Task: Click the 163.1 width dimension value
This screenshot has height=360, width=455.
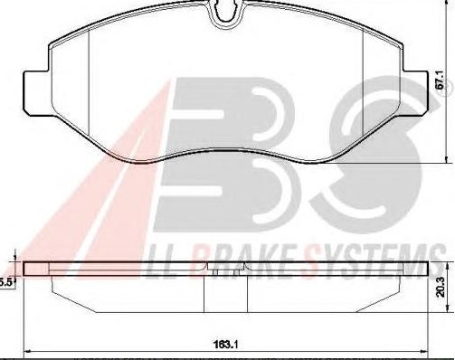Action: click(x=226, y=344)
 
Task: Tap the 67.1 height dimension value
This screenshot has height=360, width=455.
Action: click(x=441, y=81)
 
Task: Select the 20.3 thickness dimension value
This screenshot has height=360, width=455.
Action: click(x=441, y=288)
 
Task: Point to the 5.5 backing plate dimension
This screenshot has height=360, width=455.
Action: click(x=6, y=282)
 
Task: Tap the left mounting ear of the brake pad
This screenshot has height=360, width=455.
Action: click(x=35, y=93)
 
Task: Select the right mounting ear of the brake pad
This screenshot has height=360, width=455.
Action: click(x=415, y=93)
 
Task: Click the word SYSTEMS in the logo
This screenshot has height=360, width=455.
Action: click(x=368, y=261)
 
